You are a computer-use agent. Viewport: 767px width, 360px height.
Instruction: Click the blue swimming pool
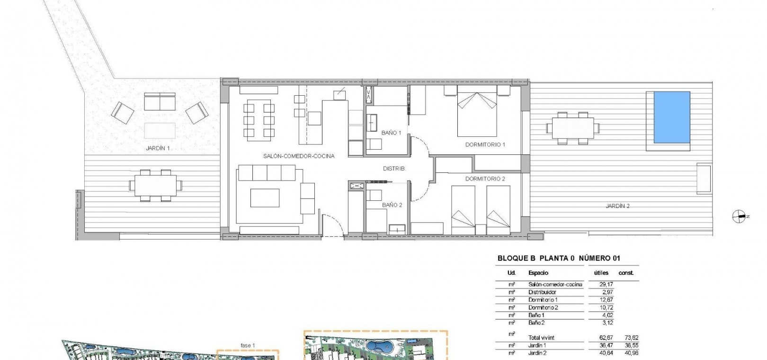coord(671,117)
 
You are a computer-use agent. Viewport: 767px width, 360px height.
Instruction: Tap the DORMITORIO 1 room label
coord(485,144)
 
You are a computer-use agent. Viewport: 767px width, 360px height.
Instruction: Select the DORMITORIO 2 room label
coord(485,179)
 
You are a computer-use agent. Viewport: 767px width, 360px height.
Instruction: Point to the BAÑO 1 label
coord(391,133)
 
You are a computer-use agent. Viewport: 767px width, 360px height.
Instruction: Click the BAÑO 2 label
coord(392,205)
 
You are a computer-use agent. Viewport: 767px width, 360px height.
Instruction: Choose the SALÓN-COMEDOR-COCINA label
coord(299,156)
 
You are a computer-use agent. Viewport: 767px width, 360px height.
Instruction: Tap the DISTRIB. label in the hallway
coord(394,169)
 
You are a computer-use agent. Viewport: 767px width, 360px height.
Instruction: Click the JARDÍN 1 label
coord(158,148)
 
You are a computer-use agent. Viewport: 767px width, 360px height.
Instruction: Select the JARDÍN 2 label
coord(617,206)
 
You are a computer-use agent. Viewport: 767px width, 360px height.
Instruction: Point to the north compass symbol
coord(739,216)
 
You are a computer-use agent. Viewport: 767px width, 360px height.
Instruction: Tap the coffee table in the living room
coord(265,198)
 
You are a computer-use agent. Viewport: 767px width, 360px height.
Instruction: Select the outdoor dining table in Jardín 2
coord(573,128)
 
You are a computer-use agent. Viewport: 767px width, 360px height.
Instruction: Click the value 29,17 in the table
coord(606,284)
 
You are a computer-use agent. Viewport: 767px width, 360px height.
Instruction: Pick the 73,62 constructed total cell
coord(632,338)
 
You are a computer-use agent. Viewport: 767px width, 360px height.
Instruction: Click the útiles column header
coord(601,273)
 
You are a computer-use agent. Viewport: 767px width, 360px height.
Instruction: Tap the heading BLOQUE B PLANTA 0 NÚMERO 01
coord(559,258)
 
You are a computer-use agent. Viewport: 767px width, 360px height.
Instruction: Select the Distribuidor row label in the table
coord(542,292)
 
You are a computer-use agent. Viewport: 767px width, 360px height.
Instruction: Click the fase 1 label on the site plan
coord(248,346)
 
